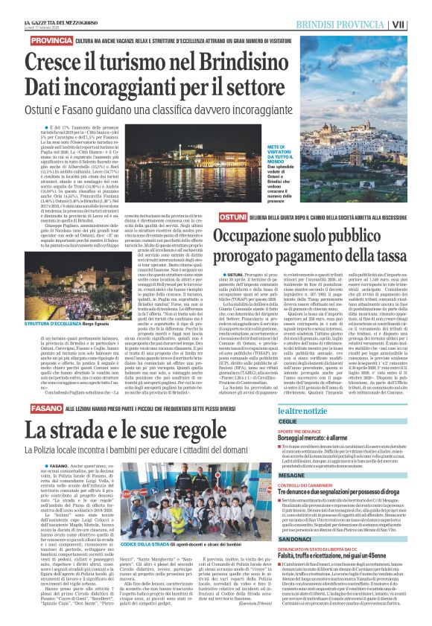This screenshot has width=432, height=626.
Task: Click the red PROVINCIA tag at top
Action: click(x=50, y=39)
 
